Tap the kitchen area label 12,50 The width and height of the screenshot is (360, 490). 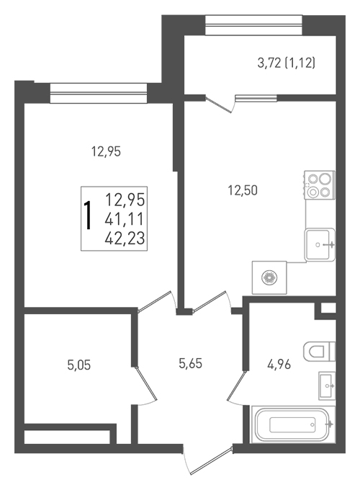click(243, 190)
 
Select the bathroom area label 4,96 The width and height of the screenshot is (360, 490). click(279, 364)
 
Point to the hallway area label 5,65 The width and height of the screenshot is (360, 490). click(191, 363)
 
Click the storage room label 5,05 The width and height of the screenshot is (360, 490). click(79, 365)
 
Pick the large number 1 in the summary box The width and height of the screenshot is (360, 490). click(89, 215)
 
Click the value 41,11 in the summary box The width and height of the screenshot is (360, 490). click(125, 219)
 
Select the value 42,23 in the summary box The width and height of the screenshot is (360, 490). click(125, 238)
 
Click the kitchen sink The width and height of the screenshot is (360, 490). click(320, 245)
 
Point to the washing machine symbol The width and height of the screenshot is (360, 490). click(269, 277)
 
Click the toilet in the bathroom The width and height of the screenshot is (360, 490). click(319, 351)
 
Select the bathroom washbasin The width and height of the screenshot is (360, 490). click(327, 386)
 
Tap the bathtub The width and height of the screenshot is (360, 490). click(293, 424)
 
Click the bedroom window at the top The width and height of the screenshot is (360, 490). click(99, 93)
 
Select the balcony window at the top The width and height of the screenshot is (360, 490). click(253, 25)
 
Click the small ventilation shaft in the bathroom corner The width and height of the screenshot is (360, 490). click(328, 308)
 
